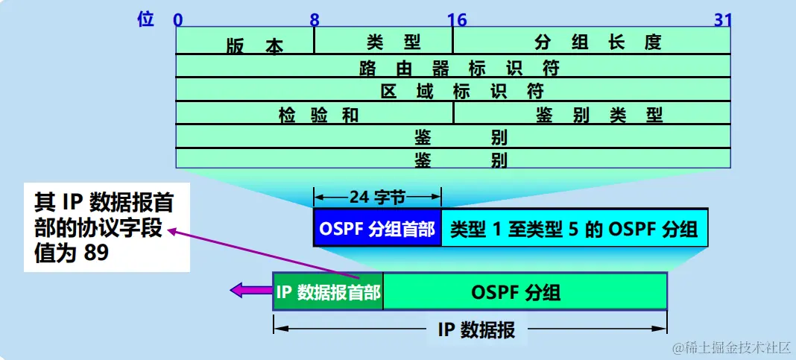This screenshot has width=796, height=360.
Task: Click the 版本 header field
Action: pos(244,42)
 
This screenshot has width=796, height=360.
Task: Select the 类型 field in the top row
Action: pos(384,42)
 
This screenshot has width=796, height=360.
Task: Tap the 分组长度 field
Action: pos(592,42)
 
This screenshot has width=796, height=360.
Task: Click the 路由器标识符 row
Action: pos(453,67)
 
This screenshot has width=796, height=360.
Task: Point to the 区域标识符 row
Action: pos(453,91)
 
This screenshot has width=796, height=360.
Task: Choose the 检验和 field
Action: pos(315,114)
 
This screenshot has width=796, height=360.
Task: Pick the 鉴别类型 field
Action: pos(592,114)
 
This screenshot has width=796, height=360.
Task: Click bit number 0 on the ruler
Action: pos(177,19)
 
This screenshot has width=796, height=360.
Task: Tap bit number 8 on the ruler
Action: pos(315,19)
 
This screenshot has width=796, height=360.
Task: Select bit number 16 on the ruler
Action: pos(453,19)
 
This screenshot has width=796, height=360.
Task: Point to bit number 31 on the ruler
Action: pos(723,19)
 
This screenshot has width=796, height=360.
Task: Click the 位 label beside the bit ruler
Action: pos(146,19)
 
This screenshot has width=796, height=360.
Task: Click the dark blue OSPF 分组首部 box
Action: pos(377,228)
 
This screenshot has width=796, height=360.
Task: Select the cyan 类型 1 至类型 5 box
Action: pos(574,228)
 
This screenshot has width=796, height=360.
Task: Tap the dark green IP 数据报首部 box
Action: pos(328,291)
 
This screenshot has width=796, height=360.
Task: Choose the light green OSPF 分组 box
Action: pos(525,291)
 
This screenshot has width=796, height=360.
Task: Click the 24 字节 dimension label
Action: pos(377,198)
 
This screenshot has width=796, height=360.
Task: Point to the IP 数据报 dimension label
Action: pos(476,329)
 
